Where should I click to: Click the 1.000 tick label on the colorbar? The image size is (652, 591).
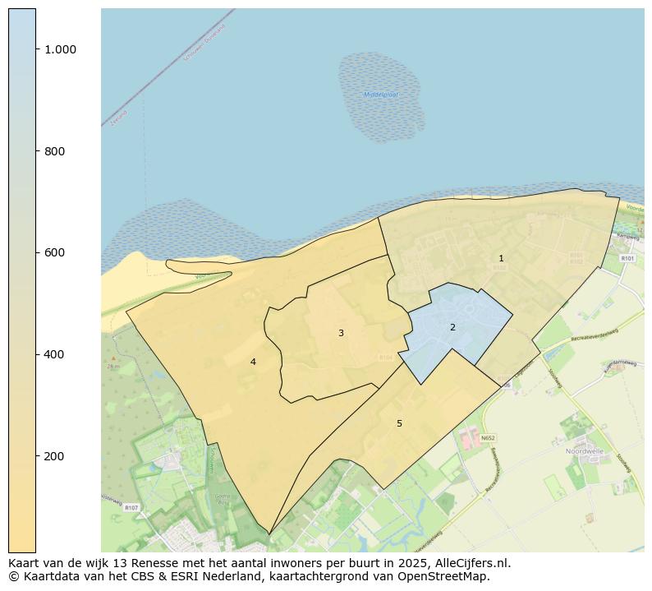61,49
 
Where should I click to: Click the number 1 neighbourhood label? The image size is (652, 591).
501,258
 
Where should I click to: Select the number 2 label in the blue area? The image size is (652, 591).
452,327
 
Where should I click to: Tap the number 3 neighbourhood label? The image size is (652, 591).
341,333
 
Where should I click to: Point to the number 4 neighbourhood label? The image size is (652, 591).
253,362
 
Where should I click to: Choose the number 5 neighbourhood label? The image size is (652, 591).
399,423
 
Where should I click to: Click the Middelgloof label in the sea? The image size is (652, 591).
380,95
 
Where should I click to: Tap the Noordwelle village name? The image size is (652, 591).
584,451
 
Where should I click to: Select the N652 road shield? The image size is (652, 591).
489,438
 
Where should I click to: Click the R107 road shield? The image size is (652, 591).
131,508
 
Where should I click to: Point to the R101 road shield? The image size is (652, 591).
627,258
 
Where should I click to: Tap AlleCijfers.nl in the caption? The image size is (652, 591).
473,564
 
